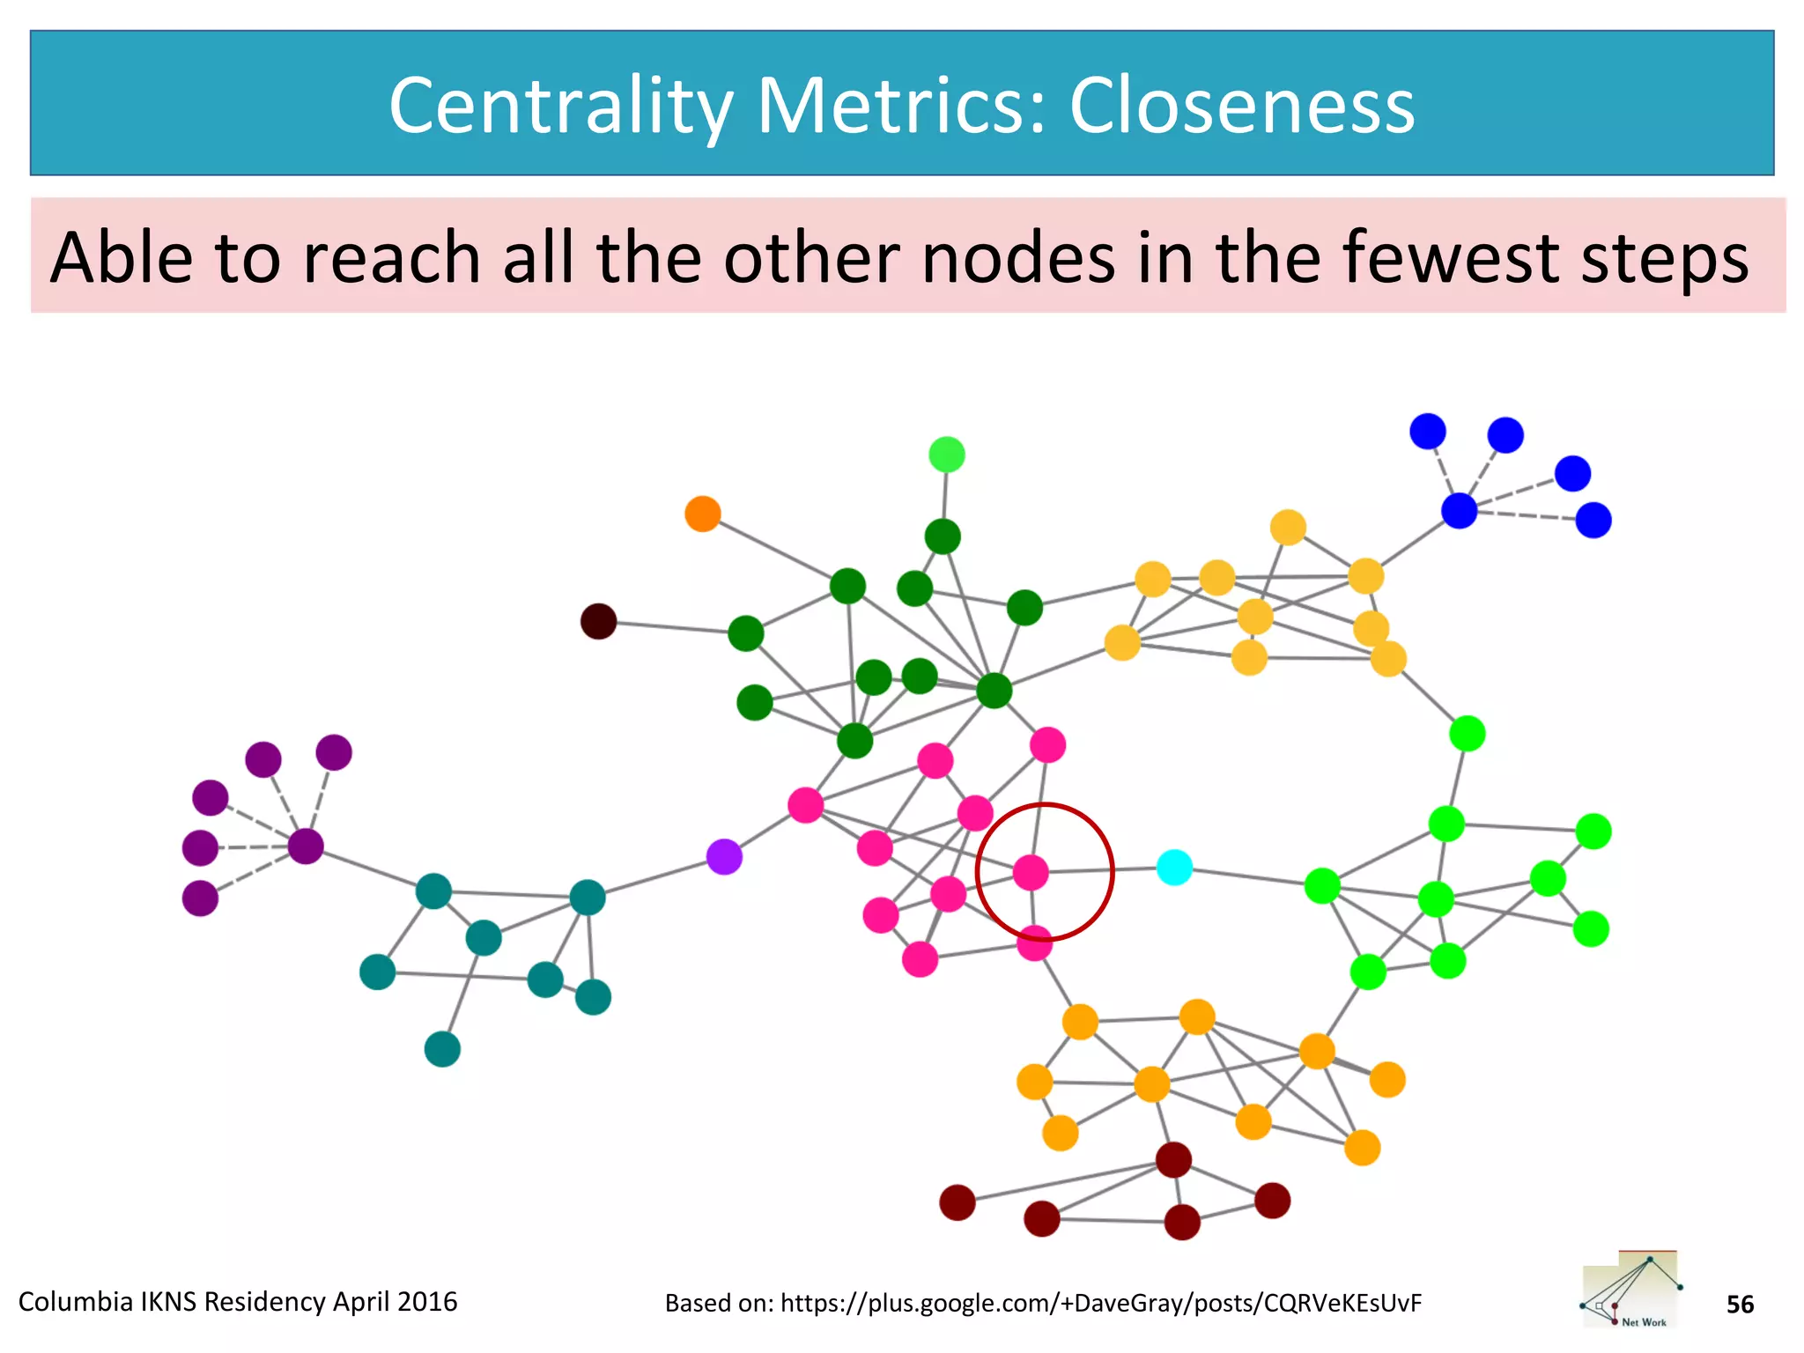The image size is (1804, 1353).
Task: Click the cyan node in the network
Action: point(1174,868)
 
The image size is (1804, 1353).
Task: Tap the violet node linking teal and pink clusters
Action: point(724,856)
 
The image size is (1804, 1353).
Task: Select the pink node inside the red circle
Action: point(1031,872)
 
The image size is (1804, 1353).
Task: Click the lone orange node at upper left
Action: point(703,514)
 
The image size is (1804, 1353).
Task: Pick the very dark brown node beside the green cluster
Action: point(598,621)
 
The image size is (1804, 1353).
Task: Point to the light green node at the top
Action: point(947,455)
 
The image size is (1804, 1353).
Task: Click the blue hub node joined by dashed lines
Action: point(1459,510)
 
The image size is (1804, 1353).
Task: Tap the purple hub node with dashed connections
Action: point(306,846)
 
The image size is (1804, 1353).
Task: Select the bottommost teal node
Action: point(442,1049)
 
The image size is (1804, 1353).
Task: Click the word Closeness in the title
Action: point(1242,105)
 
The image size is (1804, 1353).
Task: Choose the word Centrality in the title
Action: point(561,107)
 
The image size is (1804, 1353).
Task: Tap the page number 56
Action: point(1740,1305)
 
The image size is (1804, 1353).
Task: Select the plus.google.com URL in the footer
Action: point(1100,1303)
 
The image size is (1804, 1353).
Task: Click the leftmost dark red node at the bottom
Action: point(957,1202)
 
